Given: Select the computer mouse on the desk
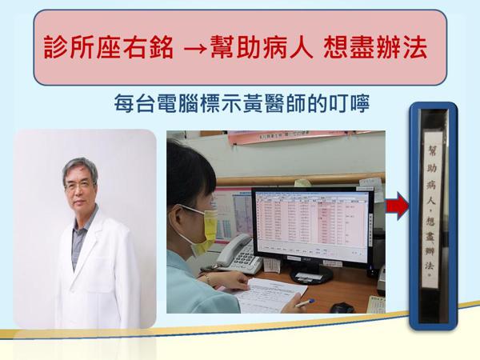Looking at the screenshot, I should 342,307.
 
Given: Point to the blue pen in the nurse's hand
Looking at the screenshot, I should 305,303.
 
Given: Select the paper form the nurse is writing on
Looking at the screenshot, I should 264,300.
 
